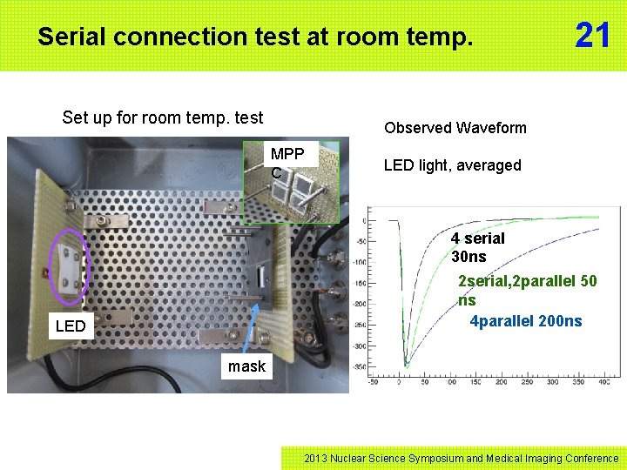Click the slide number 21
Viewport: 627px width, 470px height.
593,36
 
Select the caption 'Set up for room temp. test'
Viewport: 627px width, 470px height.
163,117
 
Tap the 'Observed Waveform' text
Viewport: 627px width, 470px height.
455,128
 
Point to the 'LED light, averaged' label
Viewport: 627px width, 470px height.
452,165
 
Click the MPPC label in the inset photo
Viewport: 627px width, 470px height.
287,163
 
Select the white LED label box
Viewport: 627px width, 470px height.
71,326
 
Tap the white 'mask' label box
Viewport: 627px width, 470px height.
246,366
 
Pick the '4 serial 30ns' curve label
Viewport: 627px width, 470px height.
477,247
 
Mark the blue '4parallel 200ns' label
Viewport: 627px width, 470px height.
526,321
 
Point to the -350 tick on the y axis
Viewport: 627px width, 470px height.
358,367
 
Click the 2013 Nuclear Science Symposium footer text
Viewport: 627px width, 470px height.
462,458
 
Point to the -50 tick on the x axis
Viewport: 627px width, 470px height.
374,382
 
